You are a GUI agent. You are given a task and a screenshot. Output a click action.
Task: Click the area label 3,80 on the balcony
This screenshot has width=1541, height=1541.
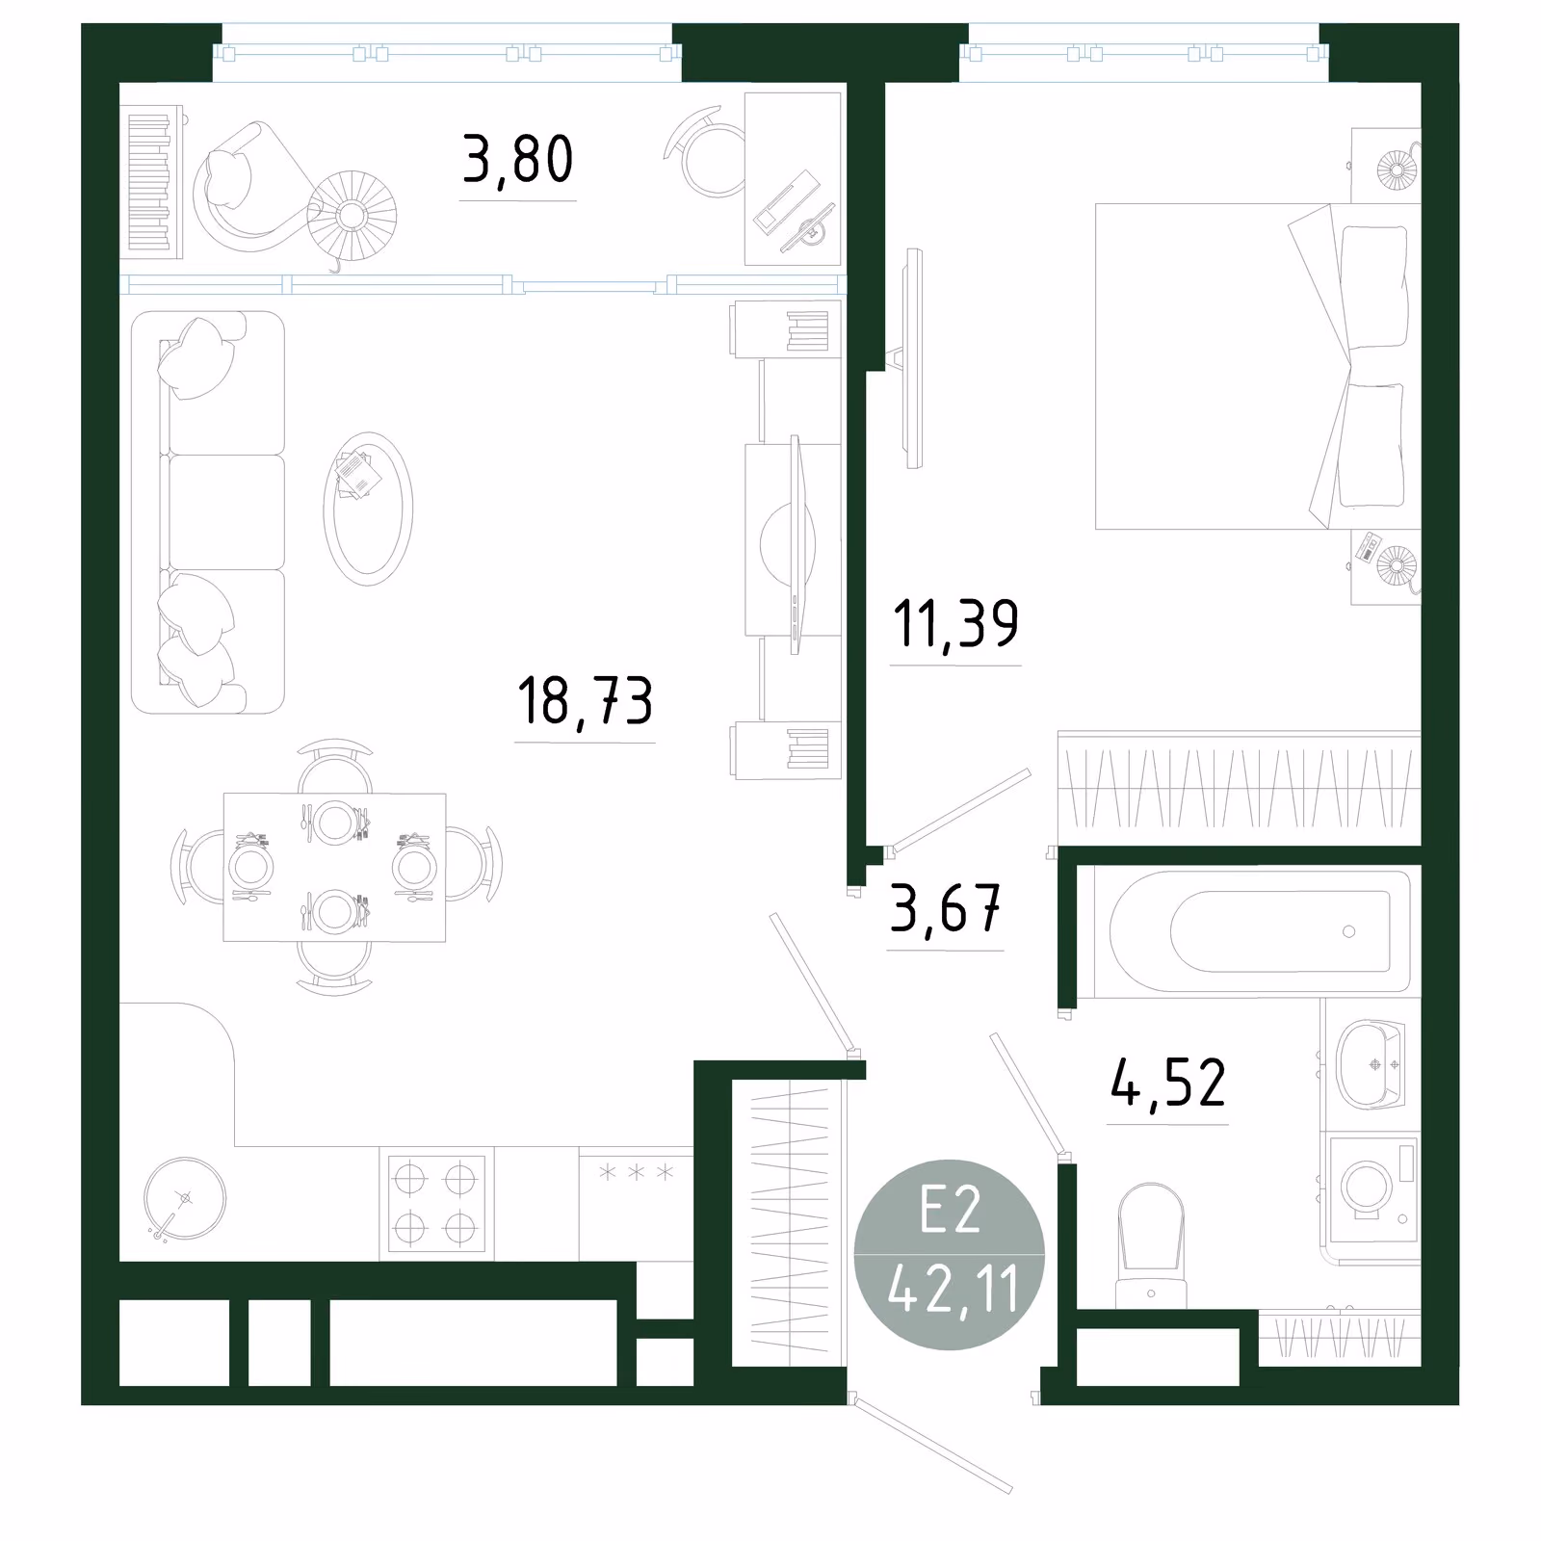point(518,160)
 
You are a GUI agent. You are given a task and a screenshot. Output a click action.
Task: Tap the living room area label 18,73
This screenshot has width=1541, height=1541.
point(585,700)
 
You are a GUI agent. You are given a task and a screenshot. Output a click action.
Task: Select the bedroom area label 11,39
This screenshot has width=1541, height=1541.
point(955,624)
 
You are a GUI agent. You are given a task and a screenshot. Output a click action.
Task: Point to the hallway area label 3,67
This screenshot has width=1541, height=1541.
point(946,908)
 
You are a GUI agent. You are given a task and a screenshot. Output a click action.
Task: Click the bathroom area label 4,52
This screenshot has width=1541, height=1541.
point(1168,1082)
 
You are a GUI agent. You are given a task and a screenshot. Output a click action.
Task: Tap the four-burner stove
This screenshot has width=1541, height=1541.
point(435,1203)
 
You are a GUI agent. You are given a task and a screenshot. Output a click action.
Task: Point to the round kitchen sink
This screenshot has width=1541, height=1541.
point(185,1198)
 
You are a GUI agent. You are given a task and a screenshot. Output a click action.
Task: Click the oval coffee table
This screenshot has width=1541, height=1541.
point(368,509)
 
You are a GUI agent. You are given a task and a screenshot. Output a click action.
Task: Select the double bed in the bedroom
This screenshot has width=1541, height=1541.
point(1258,366)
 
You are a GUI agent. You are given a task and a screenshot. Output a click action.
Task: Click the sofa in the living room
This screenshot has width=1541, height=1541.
point(208,512)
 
